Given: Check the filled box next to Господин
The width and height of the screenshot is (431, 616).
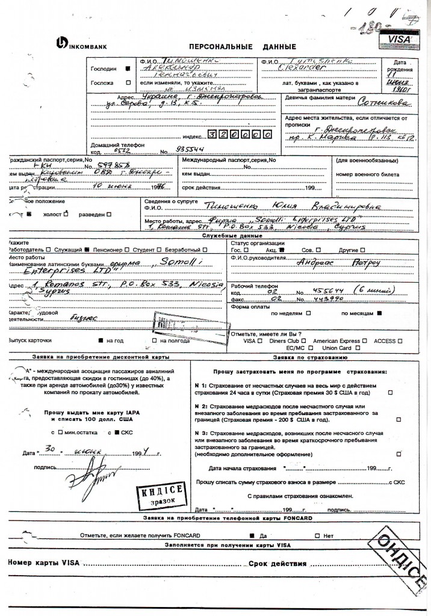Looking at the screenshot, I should [x=127, y=69].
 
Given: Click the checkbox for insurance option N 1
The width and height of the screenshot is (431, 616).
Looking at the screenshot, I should [x=390, y=392].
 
